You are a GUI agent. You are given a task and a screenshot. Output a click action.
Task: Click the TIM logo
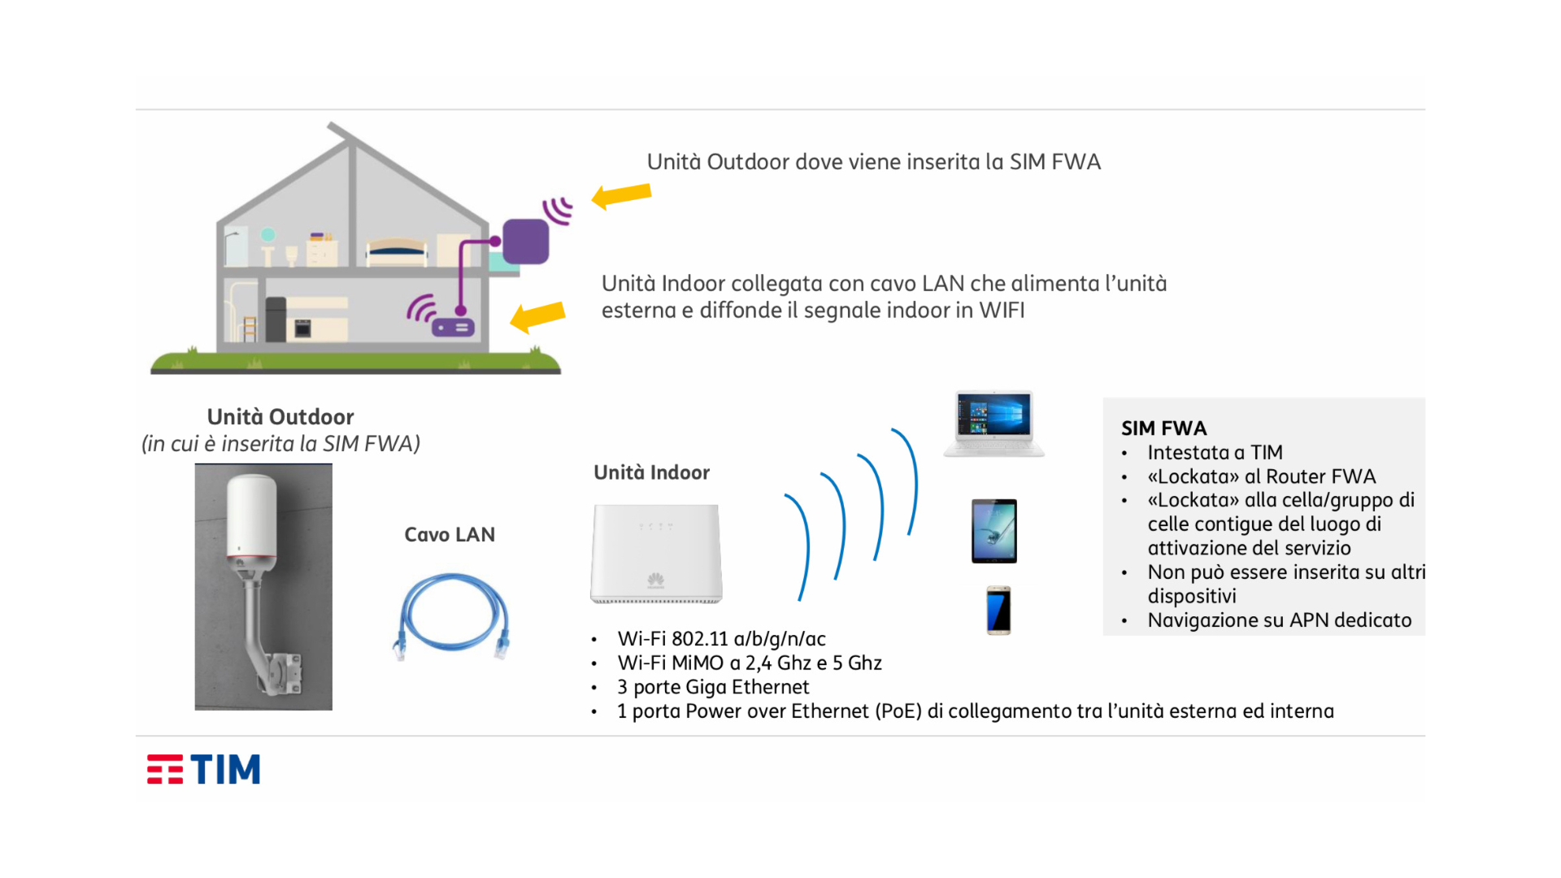[203, 769]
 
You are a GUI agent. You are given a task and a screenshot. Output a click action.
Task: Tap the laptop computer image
[994, 424]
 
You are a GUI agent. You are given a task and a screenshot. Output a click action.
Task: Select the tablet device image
[994, 531]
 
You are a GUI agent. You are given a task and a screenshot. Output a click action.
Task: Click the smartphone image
[998, 610]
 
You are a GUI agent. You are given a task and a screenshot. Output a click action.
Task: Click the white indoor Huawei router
[656, 554]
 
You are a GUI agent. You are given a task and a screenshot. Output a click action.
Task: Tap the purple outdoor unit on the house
[525, 241]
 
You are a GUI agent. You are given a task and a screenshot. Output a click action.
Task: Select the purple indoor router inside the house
[453, 328]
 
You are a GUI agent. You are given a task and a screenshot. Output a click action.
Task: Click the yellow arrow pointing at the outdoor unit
[622, 196]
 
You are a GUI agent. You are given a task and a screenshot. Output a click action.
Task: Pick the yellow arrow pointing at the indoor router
[537, 315]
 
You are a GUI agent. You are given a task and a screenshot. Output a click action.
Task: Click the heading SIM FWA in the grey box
[1163, 428]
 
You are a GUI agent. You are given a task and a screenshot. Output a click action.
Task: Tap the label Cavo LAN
[450, 535]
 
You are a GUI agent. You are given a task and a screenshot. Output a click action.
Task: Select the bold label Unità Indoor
[651, 472]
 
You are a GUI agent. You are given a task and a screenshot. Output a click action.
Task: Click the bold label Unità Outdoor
[280, 417]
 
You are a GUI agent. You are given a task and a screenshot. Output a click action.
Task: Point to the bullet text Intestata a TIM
[1215, 453]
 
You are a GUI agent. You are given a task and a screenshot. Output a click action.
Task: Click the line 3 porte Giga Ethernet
[713, 688]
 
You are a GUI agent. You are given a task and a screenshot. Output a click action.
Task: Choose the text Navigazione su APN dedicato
[1279, 620]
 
